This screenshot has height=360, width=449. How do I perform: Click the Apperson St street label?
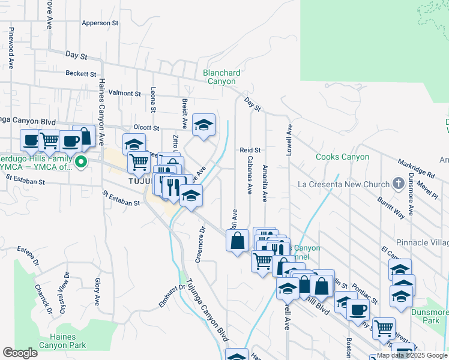click(100, 23)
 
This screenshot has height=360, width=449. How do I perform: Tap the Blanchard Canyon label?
click(221, 77)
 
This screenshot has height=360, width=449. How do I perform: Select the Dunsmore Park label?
click(430, 316)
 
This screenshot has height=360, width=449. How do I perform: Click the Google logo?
click(20, 353)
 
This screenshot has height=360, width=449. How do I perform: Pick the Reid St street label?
click(250, 150)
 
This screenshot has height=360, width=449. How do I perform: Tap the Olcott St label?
click(146, 128)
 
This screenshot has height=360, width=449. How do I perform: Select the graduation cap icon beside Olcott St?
click(204, 125)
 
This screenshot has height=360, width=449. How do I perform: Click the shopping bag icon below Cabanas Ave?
click(238, 241)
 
